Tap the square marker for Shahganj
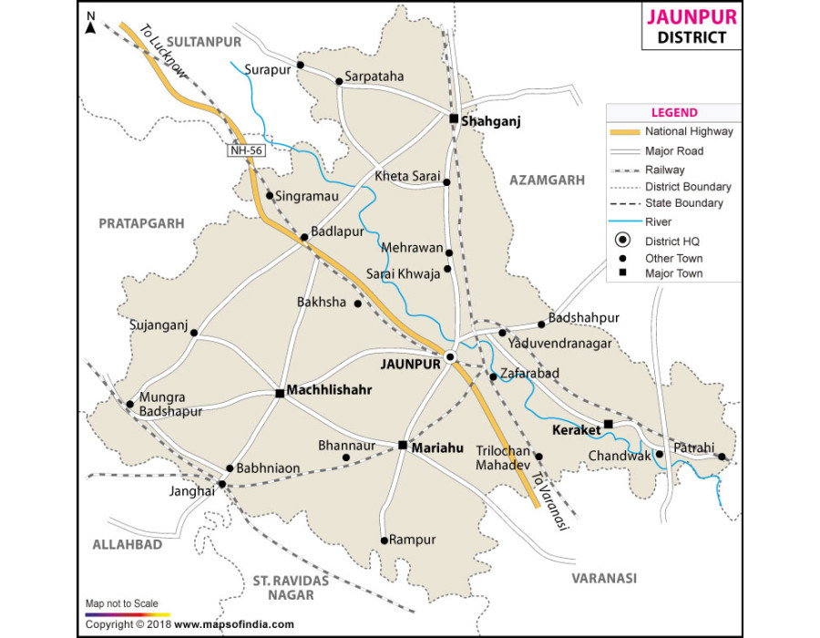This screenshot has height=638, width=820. tap(453, 118)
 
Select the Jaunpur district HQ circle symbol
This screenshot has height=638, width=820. tap(450, 355)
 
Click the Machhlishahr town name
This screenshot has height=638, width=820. tap(332, 390)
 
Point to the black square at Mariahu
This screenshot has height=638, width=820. tap(403, 445)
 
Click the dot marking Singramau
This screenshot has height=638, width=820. tap(270, 195)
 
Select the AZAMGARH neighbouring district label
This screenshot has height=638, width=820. tap(547, 180)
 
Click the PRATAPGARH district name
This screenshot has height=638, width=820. tap(141, 222)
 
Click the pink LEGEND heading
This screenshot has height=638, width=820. tap(673, 113)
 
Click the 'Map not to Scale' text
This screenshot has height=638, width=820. tap(121, 603)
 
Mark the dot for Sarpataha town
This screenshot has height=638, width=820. tap(339, 81)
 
